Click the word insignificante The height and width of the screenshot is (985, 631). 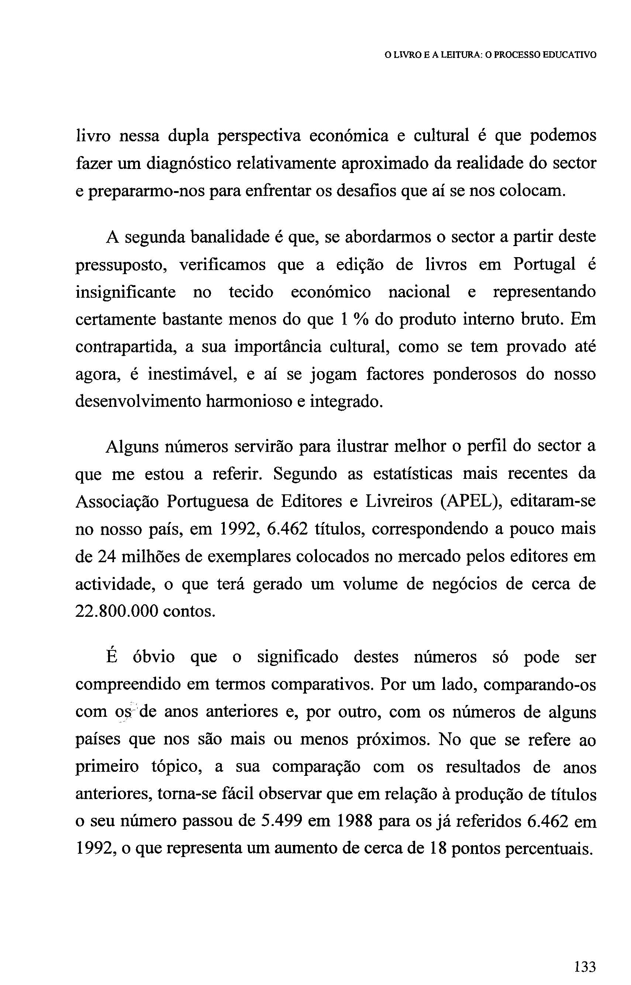pyautogui.click(x=126, y=293)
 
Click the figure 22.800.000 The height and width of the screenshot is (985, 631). pyautogui.click(x=116, y=612)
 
